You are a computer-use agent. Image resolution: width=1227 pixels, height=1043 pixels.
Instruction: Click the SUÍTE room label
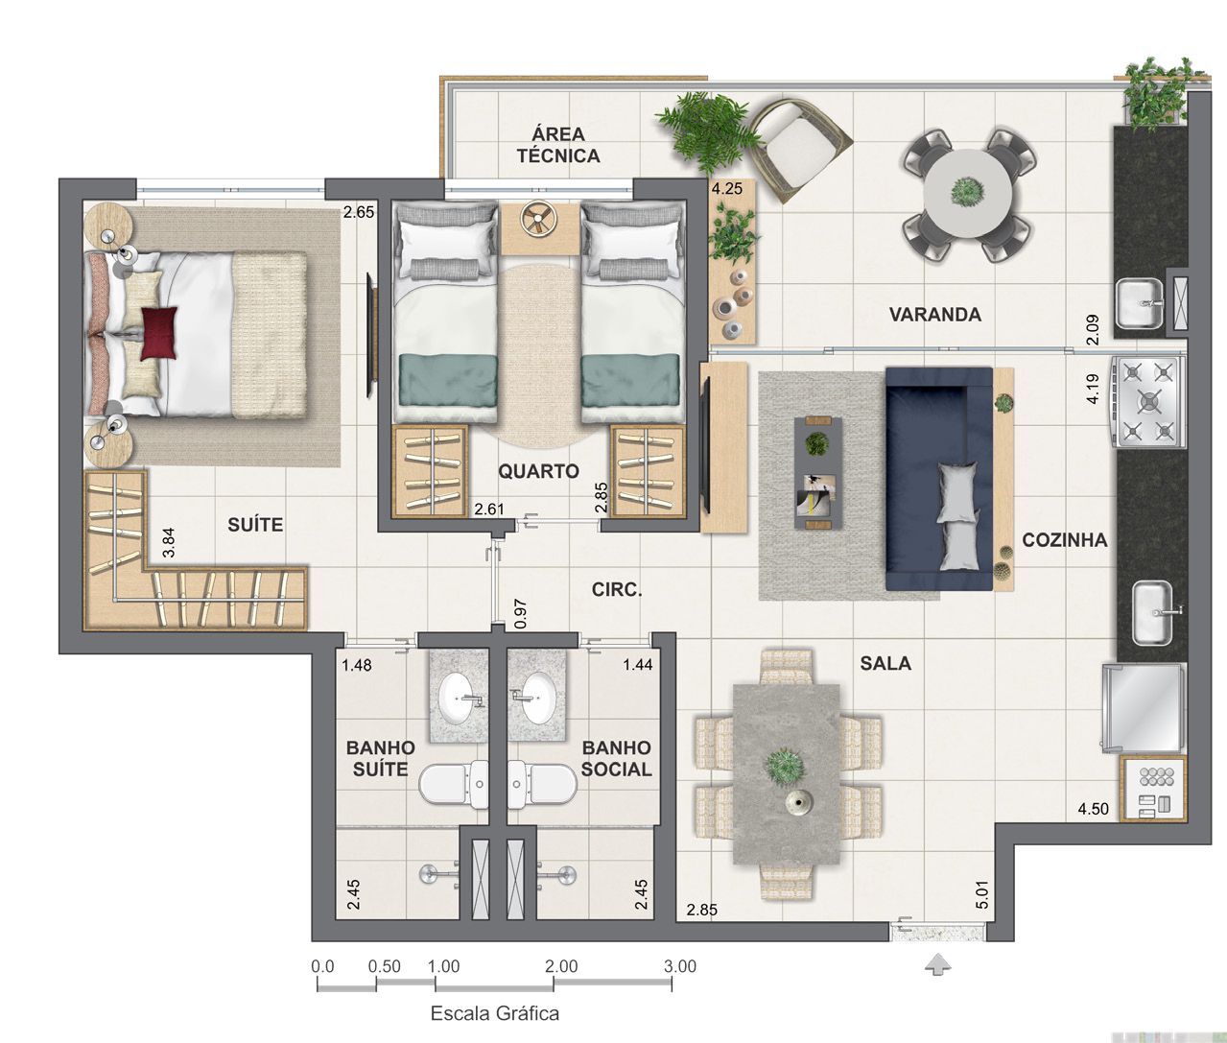255,525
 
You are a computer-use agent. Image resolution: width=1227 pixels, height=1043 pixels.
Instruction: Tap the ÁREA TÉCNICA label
558,145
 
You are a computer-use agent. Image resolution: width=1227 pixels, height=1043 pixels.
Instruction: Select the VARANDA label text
934,315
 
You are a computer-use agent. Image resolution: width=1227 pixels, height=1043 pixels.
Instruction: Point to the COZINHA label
1064,540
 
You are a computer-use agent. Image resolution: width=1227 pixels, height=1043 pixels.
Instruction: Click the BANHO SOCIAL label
616,758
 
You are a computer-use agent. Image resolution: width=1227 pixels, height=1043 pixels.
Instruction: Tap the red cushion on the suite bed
159,333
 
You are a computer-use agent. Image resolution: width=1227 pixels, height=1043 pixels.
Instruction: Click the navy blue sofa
938,478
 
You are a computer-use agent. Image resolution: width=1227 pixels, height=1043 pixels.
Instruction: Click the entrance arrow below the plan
938,965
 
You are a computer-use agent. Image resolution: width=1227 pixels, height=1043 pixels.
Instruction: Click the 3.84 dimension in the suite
169,543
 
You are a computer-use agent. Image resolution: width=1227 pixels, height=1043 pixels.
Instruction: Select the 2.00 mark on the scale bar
562,966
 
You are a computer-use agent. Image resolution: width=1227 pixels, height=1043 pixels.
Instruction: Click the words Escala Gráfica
494,1013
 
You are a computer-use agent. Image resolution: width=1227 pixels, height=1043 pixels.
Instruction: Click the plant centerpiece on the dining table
785,765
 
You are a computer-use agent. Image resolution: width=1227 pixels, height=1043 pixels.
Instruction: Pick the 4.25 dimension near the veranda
726,189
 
